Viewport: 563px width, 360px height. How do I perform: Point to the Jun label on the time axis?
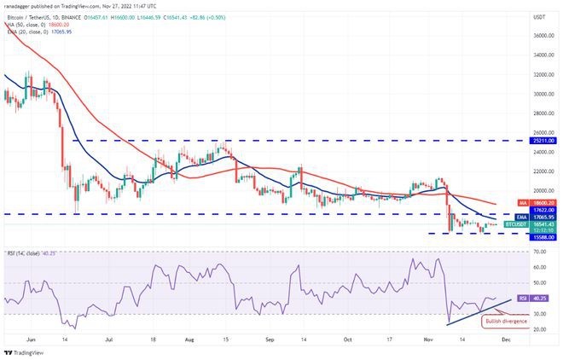coord(31,339)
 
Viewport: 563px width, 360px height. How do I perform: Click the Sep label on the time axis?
coord(270,339)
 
